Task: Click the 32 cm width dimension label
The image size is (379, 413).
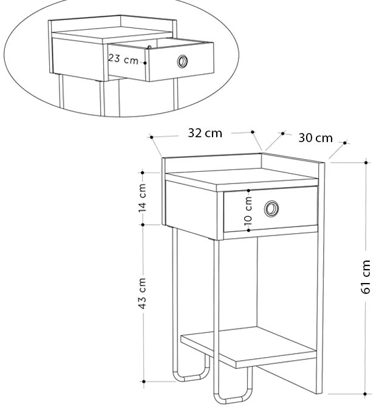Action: pyautogui.click(x=205, y=133)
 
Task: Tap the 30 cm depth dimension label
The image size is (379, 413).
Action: pyautogui.click(x=315, y=138)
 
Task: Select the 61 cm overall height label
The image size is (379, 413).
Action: pyautogui.click(x=366, y=276)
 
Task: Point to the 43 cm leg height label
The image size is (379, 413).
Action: pyautogui.click(x=142, y=293)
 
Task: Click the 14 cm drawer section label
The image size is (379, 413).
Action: pyautogui.click(x=142, y=197)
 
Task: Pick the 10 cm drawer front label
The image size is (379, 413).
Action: pyautogui.click(x=248, y=213)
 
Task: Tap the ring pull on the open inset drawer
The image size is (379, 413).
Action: pyautogui.click(x=182, y=61)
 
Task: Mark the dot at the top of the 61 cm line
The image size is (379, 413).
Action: pyautogui.click(x=366, y=162)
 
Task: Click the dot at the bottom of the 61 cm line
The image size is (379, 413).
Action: pyautogui.click(x=366, y=394)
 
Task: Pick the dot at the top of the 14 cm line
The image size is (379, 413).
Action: pyautogui.click(x=143, y=172)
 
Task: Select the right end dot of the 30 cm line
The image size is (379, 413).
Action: pyautogui.click(x=344, y=143)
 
